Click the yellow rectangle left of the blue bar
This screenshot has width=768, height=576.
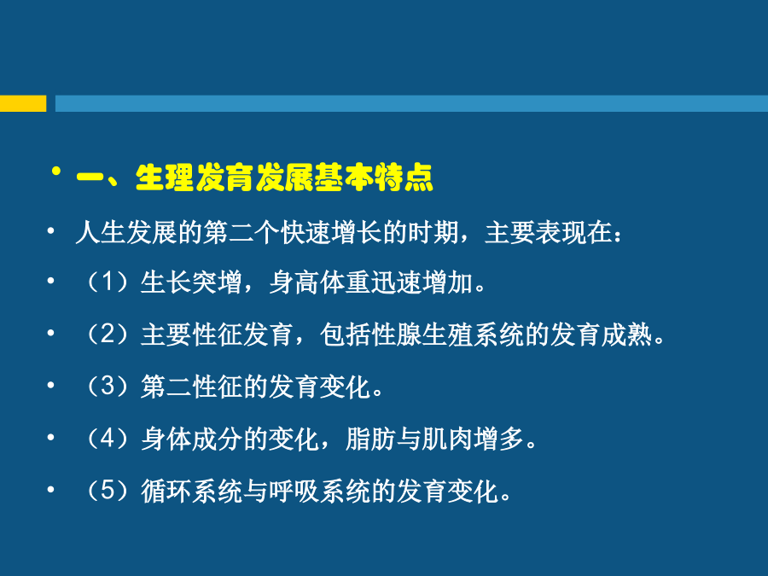[23, 103]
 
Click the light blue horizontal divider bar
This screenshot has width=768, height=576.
[411, 103]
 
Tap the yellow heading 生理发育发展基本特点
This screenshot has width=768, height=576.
[284, 177]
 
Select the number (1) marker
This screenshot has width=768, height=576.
[108, 282]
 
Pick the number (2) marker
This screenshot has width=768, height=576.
[108, 335]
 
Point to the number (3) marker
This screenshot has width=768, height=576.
[108, 387]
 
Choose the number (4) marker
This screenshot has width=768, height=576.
[108, 439]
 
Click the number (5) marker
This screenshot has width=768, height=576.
[108, 491]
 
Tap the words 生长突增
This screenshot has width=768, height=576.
[191, 282]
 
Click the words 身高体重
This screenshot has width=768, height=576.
[320, 282]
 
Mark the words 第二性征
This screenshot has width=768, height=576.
[191, 387]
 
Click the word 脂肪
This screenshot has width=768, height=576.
[371, 439]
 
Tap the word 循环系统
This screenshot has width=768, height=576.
[191, 491]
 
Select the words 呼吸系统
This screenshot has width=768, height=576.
[320, 491]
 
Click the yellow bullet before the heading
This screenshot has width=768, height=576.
[57, 171]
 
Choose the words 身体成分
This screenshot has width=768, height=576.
[191, 439]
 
